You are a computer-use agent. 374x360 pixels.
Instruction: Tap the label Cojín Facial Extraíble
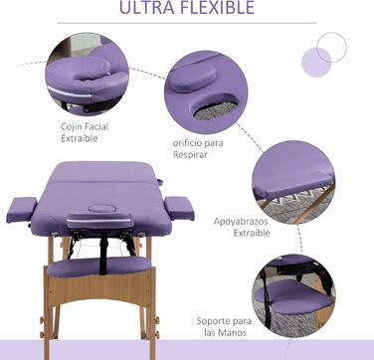pos(85,132)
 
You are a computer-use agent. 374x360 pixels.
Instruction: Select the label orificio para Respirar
pos(198,149)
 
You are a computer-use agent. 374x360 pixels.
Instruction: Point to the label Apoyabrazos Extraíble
pos(242,227)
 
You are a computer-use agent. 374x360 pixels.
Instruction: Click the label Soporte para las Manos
pos(224,326)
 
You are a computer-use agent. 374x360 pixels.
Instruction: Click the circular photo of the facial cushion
pos(88,75)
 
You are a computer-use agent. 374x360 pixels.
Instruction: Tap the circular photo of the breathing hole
pos(206,92)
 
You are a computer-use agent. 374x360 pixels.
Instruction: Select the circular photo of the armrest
pos(293,182)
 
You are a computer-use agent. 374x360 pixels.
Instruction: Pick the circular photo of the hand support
pos(293,295)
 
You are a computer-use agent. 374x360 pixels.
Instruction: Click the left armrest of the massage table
pos(22,210)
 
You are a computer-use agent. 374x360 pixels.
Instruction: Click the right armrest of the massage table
pos(179,208)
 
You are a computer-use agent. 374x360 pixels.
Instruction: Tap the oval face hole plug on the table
pos(101,209)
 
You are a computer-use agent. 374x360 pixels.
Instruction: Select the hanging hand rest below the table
pos(99,267)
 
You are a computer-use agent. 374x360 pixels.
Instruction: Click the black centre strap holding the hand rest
pos(103,254)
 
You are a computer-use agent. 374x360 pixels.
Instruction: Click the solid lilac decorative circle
pos(316,62)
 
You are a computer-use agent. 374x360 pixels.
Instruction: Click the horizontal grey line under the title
pos(187,23)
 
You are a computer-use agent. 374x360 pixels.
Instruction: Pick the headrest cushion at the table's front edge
pos(99,221)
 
